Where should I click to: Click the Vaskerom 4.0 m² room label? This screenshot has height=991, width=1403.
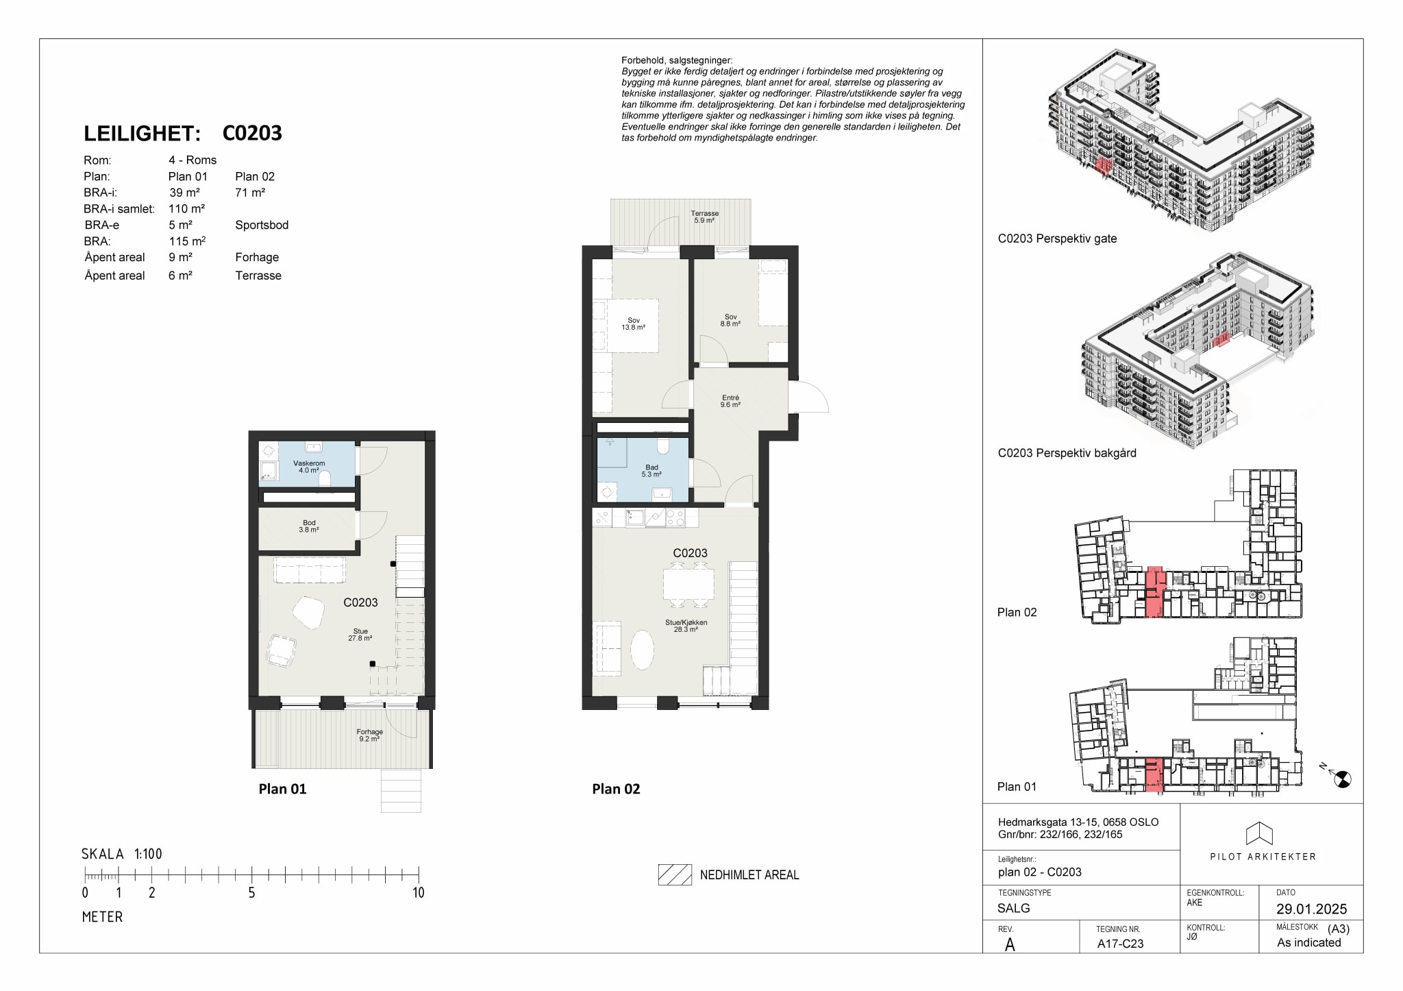coord(309,467)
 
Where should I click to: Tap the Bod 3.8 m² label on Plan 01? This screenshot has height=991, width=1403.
coord(309,526)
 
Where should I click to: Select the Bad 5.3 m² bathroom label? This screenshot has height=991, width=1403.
coord(651,471)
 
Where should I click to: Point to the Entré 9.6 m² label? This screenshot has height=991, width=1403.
coord(730,401)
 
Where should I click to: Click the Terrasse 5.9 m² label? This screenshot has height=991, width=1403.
coord(704,217)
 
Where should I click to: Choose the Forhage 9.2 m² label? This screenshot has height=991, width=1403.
coord(369,735)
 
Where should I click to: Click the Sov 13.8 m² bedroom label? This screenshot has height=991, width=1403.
coord(633,324)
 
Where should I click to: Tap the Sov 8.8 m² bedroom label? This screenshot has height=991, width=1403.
coord(730,320)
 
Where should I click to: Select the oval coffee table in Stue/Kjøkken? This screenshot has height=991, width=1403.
coord(642,650)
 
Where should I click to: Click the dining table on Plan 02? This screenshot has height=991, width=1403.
coord(688,585)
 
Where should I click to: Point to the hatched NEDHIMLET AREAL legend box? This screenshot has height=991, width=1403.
coord(675,874)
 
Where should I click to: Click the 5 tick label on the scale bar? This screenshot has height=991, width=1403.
coord(251,892)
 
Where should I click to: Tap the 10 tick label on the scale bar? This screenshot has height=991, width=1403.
coord(418,892)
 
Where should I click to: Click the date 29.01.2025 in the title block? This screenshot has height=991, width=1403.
coord(1311,909)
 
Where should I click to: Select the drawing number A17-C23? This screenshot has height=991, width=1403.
coord(1120,943)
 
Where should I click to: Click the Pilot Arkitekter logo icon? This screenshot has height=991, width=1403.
coord(1259,833)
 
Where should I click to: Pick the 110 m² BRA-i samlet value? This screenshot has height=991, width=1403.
coord(186,208)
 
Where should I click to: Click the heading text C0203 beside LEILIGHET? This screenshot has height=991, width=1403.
coord(252,133)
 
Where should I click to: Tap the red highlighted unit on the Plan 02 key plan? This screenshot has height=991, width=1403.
coord(1154,592)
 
